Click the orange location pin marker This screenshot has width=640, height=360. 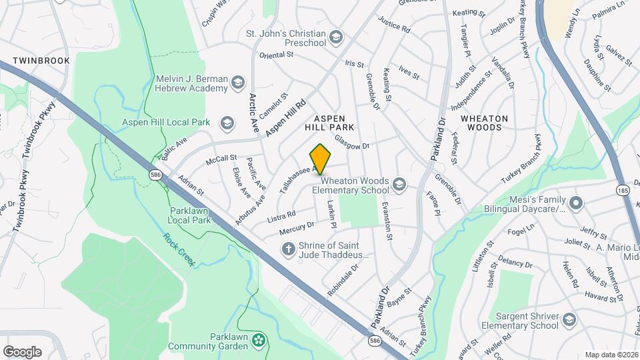coord(321,159)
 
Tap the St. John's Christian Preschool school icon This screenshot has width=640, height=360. coord(337,37)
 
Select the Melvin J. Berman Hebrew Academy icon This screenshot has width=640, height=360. coord(238,83)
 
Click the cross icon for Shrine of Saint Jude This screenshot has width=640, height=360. coord(288,249)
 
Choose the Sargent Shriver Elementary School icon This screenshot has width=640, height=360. coord(569,320)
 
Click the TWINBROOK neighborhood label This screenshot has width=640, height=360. coord(41,60)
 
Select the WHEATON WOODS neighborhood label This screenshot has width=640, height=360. coord(484,123)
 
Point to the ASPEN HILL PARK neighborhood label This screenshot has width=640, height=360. coord(329,122)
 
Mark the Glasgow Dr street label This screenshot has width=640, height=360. coord(352,141)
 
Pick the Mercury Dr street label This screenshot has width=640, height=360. coord(297,228)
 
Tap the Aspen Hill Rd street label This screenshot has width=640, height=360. coord(285,119)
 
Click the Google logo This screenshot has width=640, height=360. coord(22,351)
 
